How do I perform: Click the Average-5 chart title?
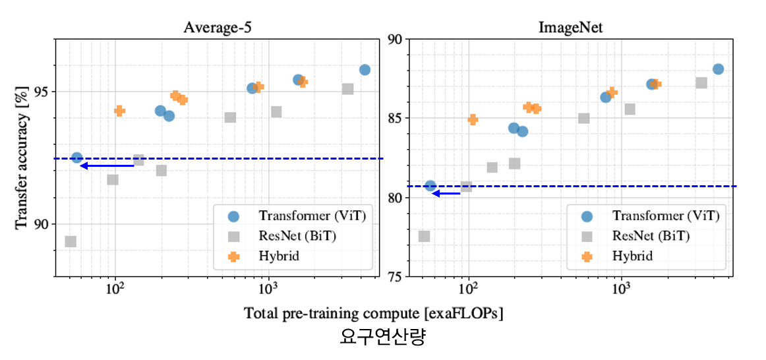click(x=217, y=28)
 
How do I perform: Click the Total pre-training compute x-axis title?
click(x=373, y=313)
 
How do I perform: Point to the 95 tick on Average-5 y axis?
click(x=42, y=92)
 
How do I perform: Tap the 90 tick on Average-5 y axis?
click(x=42, y=224)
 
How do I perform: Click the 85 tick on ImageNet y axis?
click(x=394, y=118)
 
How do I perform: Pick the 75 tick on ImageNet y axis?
click(x=394, y=276)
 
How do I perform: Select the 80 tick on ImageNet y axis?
click(x=394, y=197)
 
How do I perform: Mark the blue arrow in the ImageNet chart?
click(x=446, y=193)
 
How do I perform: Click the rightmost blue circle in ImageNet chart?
click(x=718, y=69)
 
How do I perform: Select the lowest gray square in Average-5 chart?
click(x=71, y=241)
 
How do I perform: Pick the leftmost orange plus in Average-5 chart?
click(x=119, y=111)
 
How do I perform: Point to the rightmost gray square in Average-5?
click(x=347, y=89)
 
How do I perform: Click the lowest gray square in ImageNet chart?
click(x=424, y=236)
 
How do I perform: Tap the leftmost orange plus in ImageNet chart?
click(x=473, y=119)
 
